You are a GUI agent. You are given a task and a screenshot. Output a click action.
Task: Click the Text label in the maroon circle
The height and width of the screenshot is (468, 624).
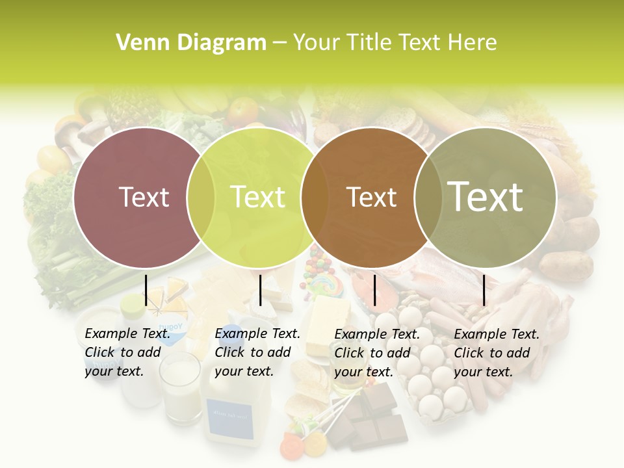pos(144,197)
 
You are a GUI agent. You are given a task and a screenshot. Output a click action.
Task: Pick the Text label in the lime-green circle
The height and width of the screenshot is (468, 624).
pos(257,197)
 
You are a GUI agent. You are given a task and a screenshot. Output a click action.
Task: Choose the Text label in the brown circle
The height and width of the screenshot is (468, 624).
pos(371,197)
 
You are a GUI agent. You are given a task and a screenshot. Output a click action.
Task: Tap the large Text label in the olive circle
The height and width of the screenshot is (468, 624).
pos(485,197)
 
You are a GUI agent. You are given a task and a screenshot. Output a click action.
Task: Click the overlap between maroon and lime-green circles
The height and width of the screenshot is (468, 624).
pos(201,197)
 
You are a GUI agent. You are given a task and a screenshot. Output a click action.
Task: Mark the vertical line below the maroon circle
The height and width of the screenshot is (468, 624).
pos(146,290)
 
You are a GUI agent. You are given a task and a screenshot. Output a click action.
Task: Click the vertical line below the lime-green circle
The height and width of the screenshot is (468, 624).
pos(260,290)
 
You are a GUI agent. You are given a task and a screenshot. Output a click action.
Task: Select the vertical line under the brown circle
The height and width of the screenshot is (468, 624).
pos(374,290)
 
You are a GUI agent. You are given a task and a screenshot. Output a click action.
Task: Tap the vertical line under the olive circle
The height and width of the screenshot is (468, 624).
pos(484,290)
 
